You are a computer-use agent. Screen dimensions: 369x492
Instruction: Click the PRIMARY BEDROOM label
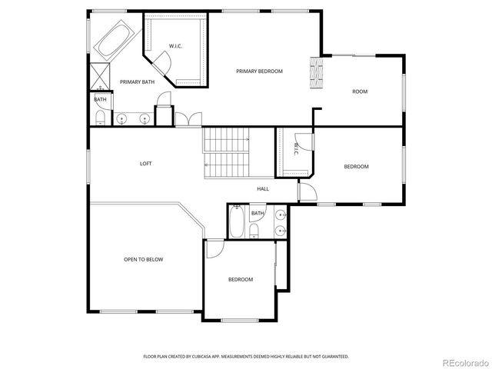click(x=259, y=71)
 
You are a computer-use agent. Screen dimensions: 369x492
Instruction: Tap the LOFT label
click(x=145, y=163)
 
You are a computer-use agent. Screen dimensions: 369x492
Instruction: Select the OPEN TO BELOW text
click(x=144, y=260)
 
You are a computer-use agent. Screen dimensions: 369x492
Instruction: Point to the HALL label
click(x=263, y=188)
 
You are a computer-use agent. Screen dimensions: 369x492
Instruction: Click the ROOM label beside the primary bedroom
click(x=360, y=91)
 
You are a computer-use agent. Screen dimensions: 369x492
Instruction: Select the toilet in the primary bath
click(x=100, y=117)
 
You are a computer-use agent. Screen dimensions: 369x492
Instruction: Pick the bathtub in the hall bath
click(x=238, y=225)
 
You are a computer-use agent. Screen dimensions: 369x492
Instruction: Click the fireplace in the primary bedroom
click(x=314, y=74)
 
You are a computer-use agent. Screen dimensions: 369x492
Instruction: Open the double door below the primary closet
click(x=186, y=119)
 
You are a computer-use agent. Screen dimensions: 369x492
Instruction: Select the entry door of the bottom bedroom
click(x=213, y=248)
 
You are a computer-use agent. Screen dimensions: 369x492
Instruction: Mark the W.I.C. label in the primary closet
click(x=175, y=46)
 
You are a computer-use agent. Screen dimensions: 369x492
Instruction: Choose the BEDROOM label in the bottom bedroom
click(x=240, y=279)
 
